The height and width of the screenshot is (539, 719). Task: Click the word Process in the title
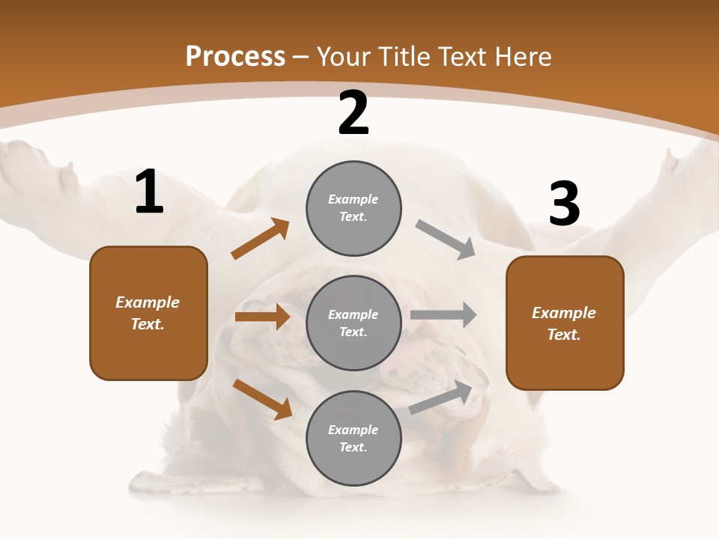point(235,56)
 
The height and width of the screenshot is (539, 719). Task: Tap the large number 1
point(149,193)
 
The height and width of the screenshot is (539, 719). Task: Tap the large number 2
point(354,113)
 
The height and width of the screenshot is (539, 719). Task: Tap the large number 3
point(564,204)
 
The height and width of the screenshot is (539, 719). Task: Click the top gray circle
point(354,208)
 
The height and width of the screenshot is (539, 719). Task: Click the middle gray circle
point(354,323)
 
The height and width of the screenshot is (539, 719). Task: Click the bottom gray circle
point(354,438)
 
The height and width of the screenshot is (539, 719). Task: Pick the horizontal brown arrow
point(262,317)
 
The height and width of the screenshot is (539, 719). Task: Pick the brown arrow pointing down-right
point(263,399)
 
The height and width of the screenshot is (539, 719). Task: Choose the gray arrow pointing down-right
point(446,240)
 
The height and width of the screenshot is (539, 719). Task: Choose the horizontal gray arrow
point(443,315)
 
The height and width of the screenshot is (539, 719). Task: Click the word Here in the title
point(522,56)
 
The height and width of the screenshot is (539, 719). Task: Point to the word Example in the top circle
point(353,199)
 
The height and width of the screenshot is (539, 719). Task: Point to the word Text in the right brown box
point(563,335)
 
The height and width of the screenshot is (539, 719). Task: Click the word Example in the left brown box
point(148,302)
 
